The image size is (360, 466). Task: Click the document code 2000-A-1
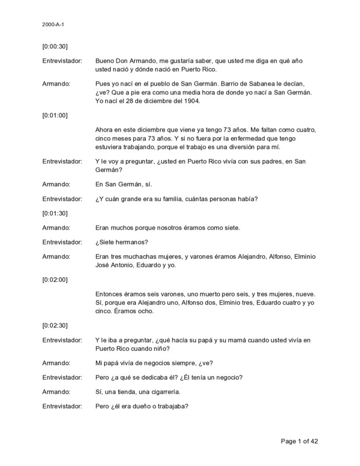[52, 25]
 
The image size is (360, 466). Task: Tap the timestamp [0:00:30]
[55, 46]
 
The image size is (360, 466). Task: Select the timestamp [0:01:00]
[55, 115]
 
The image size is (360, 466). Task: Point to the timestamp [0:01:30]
[55, 214]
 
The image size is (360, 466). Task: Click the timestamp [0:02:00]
[55, 279]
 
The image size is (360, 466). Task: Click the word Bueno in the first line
[105, 61]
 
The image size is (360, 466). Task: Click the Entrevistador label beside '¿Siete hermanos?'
[62, 242]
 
